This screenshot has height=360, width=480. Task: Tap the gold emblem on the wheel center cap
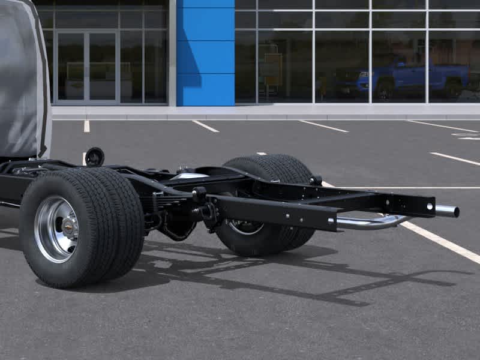69,229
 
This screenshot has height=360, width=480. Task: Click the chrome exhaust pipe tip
448,211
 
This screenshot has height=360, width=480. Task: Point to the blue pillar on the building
205,54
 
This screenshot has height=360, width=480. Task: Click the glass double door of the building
86,66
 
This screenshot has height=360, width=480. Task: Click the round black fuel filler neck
94,157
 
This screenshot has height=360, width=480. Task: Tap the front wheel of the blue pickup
385,91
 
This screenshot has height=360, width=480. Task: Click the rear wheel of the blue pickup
452,89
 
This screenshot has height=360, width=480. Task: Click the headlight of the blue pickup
363,74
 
